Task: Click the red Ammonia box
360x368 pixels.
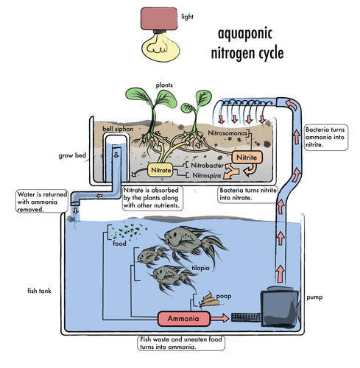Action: (184, 319)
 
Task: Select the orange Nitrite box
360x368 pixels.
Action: (247, 158)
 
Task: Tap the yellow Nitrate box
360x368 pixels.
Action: (160, 170)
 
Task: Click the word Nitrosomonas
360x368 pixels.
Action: (227, 133)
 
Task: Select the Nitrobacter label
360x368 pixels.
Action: (207, 166)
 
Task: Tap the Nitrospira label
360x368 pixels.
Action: (206, 175)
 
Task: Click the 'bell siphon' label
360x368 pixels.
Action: (118, 129)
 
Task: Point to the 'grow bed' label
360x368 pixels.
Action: (72, 155)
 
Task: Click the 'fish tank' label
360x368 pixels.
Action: (39, 291)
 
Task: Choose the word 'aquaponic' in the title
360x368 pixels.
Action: (245, 34)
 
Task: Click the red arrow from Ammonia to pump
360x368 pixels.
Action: (219, 318)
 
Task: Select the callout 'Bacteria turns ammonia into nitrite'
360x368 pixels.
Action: (326, 137)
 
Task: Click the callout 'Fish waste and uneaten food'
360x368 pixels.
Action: (181, 343)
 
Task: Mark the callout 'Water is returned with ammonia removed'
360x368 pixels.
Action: (42, 202)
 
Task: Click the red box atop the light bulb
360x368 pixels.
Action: (159, 18)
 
